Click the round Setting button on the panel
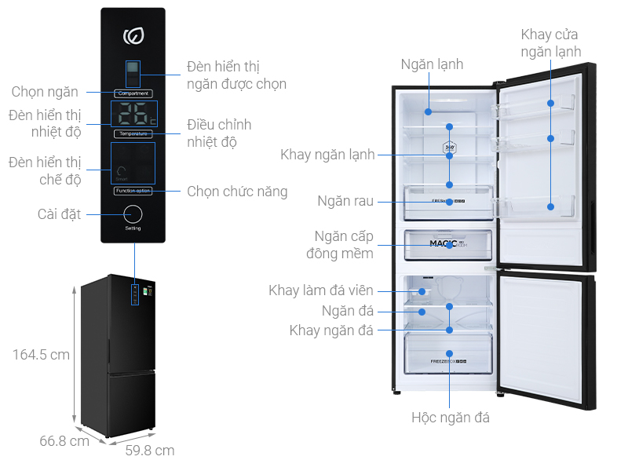coord(133,214)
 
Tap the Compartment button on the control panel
coord(133,93)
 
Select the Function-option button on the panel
coord(133,191)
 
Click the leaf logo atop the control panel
coord(133,36)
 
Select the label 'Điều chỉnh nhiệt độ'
coord(219,133)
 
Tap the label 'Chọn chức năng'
coord(237,192)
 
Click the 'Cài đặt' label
coord(60,214)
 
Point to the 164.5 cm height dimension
coord(42,355)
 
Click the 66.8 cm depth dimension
coord(64,440)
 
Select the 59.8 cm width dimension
coord(150,450)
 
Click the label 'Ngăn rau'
coord(346,202)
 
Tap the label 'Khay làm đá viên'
coord(321,291)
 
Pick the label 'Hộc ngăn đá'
coord(451,418)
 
